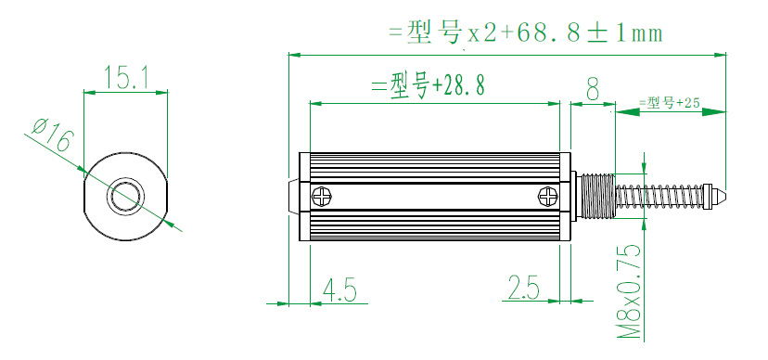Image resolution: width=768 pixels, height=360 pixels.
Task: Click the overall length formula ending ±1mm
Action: click(525, 33)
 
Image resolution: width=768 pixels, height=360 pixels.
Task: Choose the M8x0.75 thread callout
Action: click(630, 291)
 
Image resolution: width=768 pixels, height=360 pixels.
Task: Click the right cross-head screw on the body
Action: click(547, 197)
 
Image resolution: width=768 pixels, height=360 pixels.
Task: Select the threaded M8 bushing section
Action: click(597, 197)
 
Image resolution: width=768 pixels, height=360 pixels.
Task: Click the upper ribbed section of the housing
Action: click(434, 166)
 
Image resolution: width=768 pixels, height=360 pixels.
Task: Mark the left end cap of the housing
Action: click(294, 197)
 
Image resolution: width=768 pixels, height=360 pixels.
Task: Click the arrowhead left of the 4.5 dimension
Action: click(278, 302)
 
